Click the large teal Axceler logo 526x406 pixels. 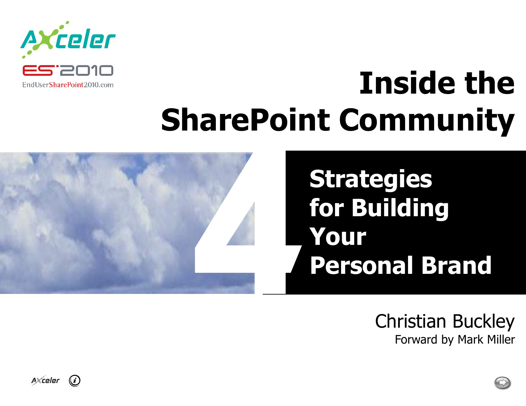pyautogui.click(x=68, y=40)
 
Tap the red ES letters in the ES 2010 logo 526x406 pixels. pyautogui.click(x=38, y=70)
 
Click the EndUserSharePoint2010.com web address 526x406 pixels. pyautogui.click(x=68, y=85)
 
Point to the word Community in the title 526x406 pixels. pyautogui.click(x=427, y=121)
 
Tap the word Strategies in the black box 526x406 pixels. pyautogui.click(x=371, y=180)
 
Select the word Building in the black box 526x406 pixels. pyautogui.click(x=400, y=209)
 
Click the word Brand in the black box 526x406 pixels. pyautogui.click(x=456, y=265)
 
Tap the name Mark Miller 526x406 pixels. pyautogui.click(x=486, y=339)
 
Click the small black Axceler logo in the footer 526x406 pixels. pyautogui.click(x=45, y=381)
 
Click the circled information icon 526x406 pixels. pyautogui.click(x=75, y=381)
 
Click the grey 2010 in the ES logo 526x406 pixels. pyautogui.click(x=86, y=70)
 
